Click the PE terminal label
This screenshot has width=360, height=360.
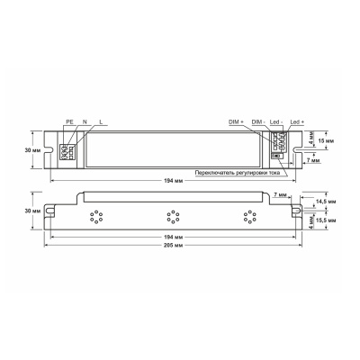(68, 121)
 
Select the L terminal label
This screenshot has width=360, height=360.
(101, 121)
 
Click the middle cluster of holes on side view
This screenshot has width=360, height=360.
(168, 214)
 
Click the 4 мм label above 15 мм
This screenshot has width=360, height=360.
(312, 138)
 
